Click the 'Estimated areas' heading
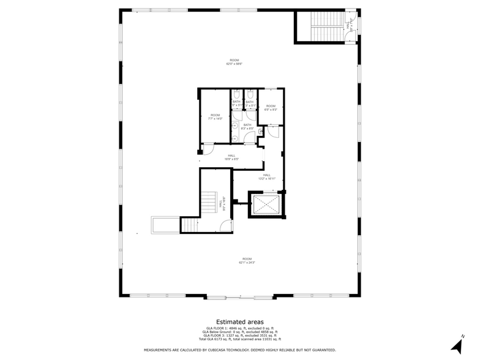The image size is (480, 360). pos(239,321)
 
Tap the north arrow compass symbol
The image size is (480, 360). pos(458,344)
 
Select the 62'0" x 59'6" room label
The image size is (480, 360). pos(234,62)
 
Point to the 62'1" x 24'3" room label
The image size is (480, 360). pos(247,260)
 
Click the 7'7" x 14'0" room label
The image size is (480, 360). pos(216,117)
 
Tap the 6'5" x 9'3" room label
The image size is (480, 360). pos(271,108)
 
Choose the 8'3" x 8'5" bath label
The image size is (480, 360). pos(247,127)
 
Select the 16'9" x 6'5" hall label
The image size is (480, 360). pos(231,157)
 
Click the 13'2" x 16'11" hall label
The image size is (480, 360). pos(267,176)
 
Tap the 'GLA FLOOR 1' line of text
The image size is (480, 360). pos(239,328)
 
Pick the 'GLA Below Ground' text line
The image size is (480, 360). pos(239,332)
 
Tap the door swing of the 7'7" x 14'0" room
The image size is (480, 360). pos(208,148)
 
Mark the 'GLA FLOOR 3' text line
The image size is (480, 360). pos(239,336)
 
